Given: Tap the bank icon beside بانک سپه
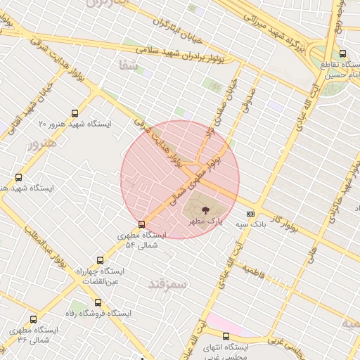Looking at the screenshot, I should coord(250,214).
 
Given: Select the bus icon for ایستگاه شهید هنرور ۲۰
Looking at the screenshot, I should coord(75,113).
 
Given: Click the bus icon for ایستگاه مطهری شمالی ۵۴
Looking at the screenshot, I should coord(142,224).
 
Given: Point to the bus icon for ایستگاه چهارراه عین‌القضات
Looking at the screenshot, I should coord(100,260).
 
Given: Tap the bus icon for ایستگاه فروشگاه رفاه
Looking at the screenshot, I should coord(98,302).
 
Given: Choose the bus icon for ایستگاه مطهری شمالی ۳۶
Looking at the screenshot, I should coord(13,328).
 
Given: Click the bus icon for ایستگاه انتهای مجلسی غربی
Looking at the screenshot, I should coord(226,336).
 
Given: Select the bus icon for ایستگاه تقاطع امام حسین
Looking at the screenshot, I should coord(342,53).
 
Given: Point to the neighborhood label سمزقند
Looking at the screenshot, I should coord(167,284).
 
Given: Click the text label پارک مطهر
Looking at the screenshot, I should coord(205,221).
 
